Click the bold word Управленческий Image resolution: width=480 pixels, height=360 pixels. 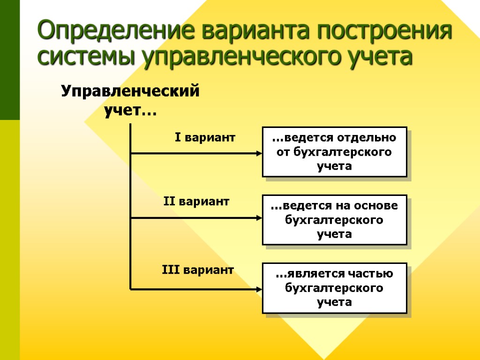pyautogui.click(x=130, y=90)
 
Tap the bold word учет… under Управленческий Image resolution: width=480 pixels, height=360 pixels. pyautogui.click(x=130, y=112)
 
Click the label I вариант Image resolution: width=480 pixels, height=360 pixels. pyautogui.click(x=205, y=138)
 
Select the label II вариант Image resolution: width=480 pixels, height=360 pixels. pyautogui.click(x=196, y=202)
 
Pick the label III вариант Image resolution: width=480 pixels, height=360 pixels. pyautogui.click(x=198, y=270)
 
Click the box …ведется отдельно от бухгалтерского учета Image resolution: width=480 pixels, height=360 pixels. pyautogui.click(x=334, y=151)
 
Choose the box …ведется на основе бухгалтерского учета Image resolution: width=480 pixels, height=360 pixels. pyautogui.click(x=334, y=219)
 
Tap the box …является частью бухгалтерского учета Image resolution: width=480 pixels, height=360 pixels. pyautogui.click(x=334, y=288)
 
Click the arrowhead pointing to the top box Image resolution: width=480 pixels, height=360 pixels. pyautogui.click(x=258, y=153)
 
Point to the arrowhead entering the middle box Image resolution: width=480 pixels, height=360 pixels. pyautogui.click(x=258, y=217)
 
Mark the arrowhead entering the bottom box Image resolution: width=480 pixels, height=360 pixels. pyautogui.click(x=258, y=289)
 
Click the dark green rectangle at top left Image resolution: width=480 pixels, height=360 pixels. pyautogui.click(x=10, y=60)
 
